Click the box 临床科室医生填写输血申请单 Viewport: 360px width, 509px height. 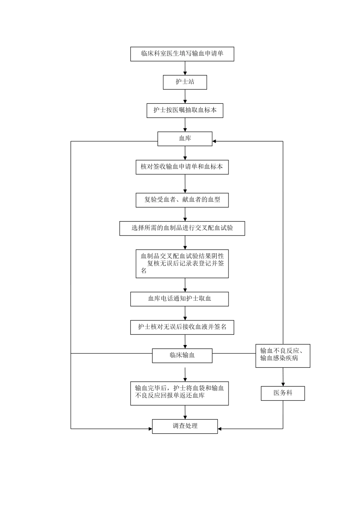click(x=182, y=54)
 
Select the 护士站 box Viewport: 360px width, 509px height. click(x=185, y=82)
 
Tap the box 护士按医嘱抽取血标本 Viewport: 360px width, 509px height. click(x=185, y=111)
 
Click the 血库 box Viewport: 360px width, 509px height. click(x=185, y=139)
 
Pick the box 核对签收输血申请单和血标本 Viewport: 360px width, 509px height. click(x=182, y=167)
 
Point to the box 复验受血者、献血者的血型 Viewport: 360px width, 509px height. click(x=182, y=200)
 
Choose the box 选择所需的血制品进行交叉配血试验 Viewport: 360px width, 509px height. click(x=182, y=228)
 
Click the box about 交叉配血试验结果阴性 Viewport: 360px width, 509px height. click(x=182, y=264)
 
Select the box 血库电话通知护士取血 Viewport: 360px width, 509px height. click(x=179, y=299)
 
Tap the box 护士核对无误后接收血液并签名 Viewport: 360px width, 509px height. click(x=182, y=327)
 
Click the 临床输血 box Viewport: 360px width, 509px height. click(x=182, y=355)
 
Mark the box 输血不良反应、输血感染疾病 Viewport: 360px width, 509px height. click(x=283, y=356)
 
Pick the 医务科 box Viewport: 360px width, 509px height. click(x=283, y=393)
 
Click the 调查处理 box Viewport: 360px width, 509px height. click(x=185, y=426)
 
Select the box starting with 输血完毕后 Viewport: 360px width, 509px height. click(x=179, y=393)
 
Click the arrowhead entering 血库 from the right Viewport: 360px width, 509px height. click(x=214, y=141)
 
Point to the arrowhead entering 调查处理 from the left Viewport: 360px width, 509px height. click(x=150, y=429)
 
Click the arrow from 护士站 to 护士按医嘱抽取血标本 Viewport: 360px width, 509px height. click(x=185, y=97)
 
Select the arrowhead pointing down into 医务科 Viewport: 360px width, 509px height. click(x=283, y=384)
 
